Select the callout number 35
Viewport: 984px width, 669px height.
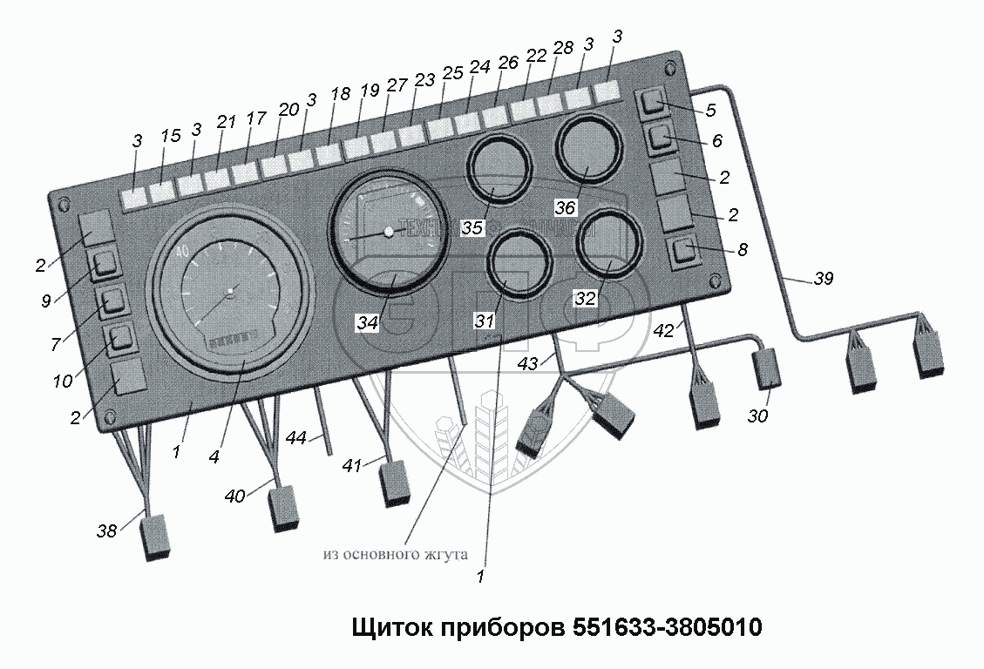coord(472,229)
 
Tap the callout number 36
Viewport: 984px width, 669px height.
coord(566,208)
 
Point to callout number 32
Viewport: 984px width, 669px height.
coord(584,298)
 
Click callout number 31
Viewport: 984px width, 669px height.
coord(484,321)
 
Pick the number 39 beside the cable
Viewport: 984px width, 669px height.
coord(823,280)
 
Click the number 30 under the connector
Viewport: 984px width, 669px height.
coord(758,416)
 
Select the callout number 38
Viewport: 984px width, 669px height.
coord(107,530)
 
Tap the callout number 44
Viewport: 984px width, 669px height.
coord(297,439)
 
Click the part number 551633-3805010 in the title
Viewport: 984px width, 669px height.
coord(668,627)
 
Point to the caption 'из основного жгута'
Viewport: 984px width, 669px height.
coord(395,554)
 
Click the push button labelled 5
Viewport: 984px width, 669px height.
coord(654,105)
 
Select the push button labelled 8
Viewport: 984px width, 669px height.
coord(684,253)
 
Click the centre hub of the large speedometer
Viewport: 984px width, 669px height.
coord(230,289)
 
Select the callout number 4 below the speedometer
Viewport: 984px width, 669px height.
coord(214,456)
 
